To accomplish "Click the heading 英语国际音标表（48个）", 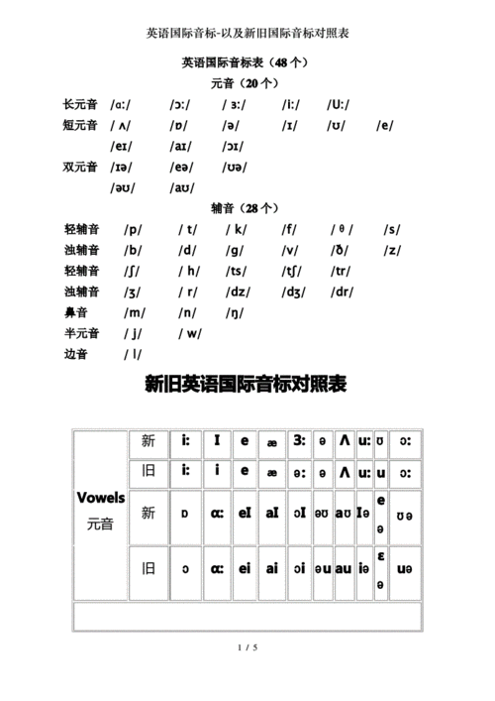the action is point(247,62).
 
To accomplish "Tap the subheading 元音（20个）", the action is point(247,83).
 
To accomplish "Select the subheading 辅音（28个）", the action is point(247,208).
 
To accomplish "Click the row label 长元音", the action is point(80,104).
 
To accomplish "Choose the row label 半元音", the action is point(80,334).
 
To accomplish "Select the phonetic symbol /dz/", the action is point(238,292).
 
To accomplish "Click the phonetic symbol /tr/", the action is point(342,272).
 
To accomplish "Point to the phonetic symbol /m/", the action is point(135,313).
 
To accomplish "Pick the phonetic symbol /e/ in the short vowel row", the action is point(385,125).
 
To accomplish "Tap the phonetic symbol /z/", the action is point(392,251).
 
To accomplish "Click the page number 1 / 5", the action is point(247,648).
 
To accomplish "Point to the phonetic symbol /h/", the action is point(188,272).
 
